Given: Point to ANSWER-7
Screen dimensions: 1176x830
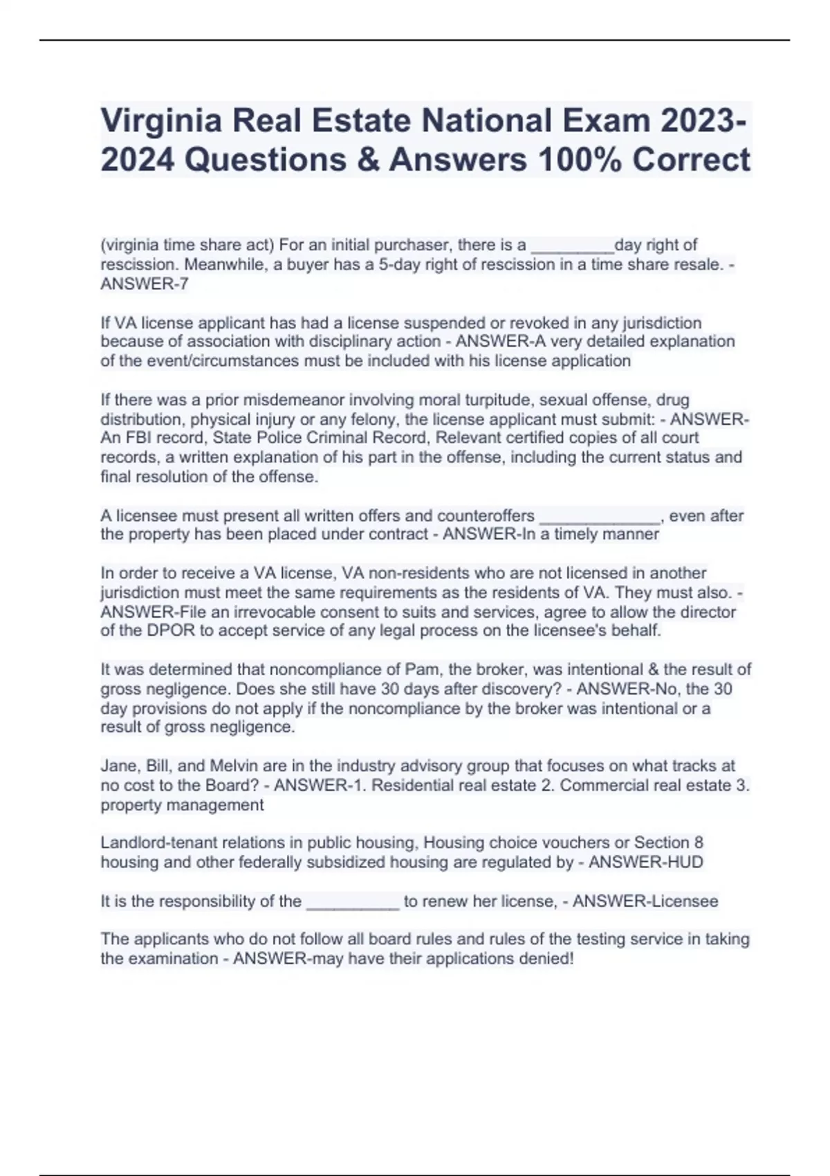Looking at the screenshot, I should click(145, 284).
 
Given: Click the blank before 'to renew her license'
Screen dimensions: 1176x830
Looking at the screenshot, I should click(353, 901).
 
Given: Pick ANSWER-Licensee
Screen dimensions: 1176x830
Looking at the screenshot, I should click(645, 901).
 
